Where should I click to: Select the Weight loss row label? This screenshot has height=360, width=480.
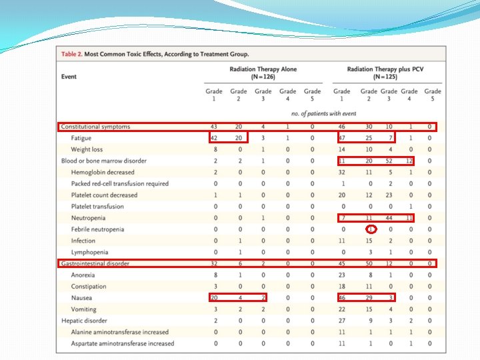pos(87,149)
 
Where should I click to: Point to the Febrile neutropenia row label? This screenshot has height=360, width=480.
pos(97,229)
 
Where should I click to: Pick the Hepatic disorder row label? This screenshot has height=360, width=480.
pos(85,321)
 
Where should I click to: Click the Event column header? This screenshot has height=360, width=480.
pos(69,77)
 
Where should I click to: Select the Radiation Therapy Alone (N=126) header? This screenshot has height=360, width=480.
pos(263,73)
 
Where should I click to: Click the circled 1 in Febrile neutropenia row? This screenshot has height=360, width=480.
pos(371,229)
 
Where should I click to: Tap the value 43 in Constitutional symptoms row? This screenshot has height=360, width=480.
pos(214,127)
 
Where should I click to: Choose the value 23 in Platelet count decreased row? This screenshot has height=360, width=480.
pos(389,195)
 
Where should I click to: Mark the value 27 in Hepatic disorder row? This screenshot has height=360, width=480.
pos(342,321)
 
